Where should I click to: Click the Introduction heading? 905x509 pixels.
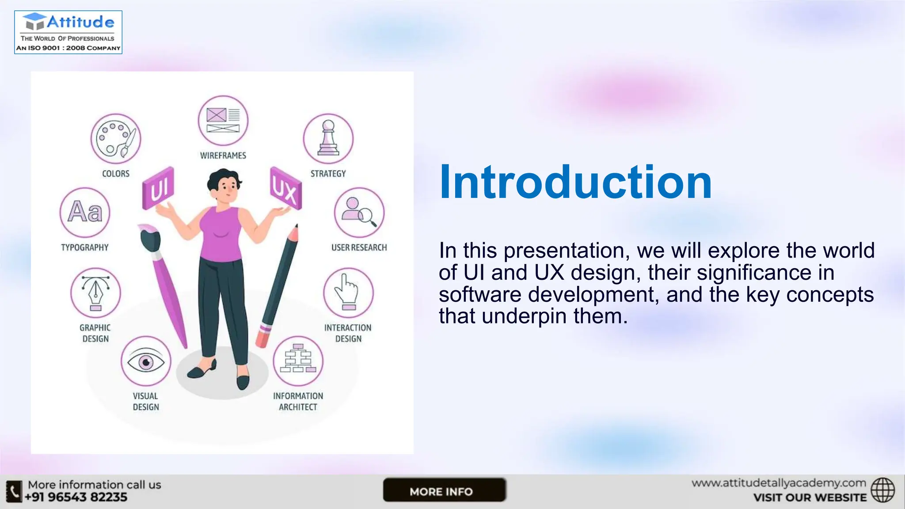coord(575,182)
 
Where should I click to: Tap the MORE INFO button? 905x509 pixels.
coord(444,490)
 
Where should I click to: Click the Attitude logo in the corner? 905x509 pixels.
coord(68,32)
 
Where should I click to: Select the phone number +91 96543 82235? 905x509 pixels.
coord(76,498)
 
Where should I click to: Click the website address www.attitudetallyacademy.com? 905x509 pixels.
coord(779,483)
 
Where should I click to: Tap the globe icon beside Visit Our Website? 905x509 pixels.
coord(882,490)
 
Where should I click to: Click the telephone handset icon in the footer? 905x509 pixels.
coord(14,491)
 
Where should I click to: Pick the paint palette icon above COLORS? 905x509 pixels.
coord(115,139)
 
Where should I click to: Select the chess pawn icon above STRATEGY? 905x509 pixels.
coord(328,139)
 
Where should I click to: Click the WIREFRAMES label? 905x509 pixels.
coord(223,156)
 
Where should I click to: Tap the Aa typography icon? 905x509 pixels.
coord(85,212)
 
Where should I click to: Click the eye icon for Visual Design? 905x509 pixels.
coord(146,361)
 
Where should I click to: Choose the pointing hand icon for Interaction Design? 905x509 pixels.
coord(348,292)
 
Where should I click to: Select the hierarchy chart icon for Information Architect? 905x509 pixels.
coord(298,361)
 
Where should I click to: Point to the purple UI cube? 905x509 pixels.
coord(158,189)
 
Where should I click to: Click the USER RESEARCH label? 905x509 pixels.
coord(359,247)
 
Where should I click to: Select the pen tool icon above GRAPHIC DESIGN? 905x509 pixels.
coord(95,292)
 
